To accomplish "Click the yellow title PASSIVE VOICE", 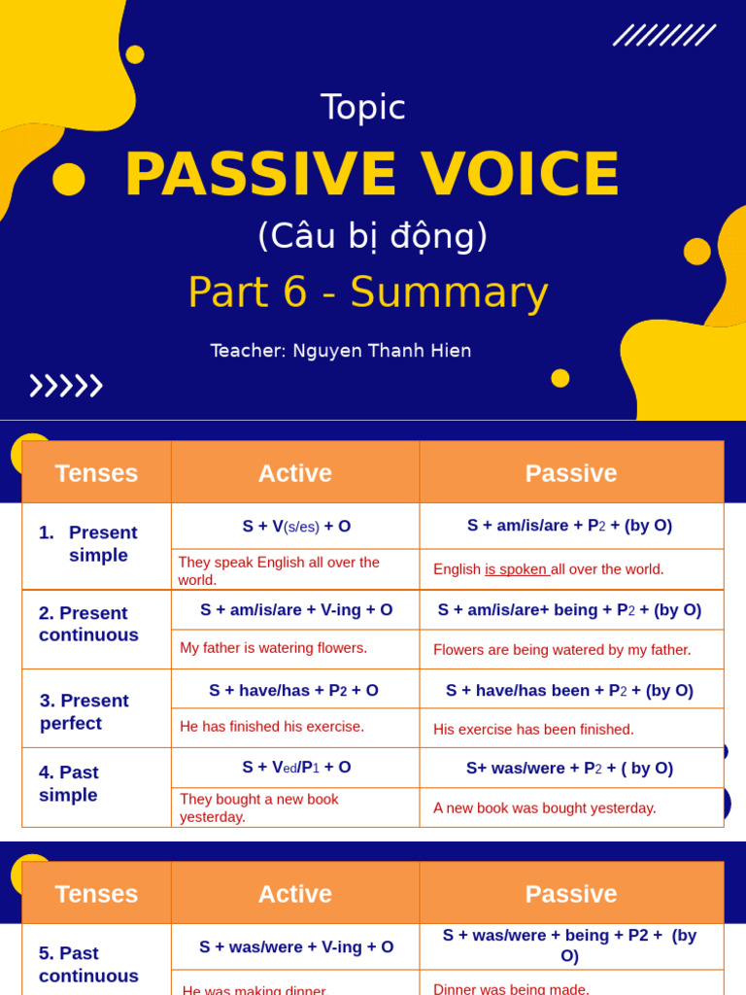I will (372, 175).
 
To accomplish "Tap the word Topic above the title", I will (363, 107).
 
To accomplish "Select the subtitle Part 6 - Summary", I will (368, 292).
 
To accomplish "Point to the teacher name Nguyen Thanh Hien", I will (382, 351).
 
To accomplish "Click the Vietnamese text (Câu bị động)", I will (372, 236).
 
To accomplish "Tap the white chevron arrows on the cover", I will (66, 386).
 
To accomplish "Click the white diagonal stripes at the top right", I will (664, 36).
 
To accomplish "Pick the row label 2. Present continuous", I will (88, 624).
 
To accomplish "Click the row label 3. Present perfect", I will (85, 711).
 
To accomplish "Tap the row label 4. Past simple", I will (69, 783).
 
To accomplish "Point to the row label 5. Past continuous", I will (88, 964).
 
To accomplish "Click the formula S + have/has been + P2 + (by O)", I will (569, 690).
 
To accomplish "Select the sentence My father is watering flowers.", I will (274, 648).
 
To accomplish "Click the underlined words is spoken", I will (517, 569).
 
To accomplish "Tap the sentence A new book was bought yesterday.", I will (545, 807).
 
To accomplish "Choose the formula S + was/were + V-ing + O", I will (296, 946).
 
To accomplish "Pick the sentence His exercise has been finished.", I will (533, 729).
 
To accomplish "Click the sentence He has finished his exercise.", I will (272, 726).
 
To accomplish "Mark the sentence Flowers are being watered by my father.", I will (562, 649).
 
